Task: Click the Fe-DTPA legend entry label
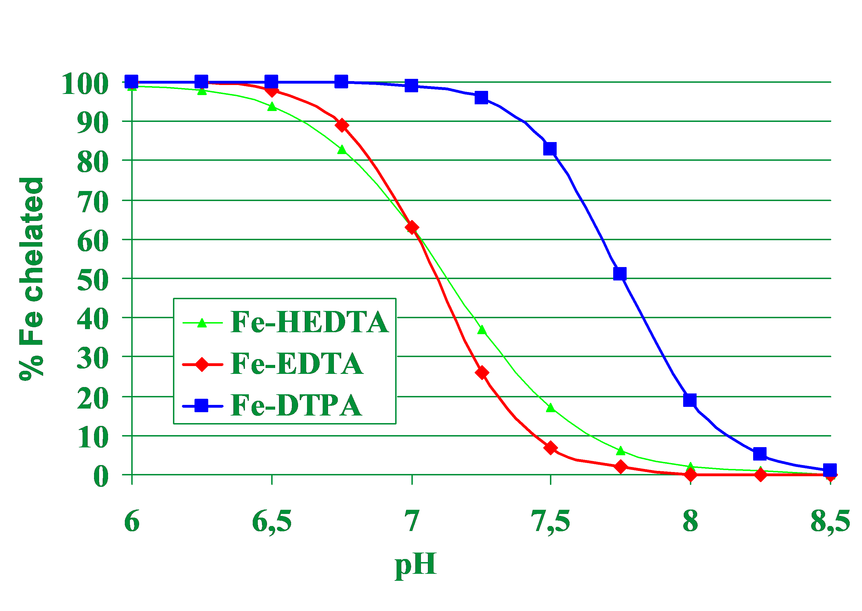[x=296, y=405]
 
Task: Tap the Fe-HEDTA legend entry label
[x=309, y=322]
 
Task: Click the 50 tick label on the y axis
[x=93, y=280]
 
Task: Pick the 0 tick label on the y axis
[x=101, y=476]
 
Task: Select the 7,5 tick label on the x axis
[x=550, y=522]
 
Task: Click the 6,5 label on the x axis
[x=271, y=522]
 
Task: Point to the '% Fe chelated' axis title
[x=31, y=279]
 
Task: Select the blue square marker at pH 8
[x=690, y=400]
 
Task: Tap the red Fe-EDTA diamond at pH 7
[x=412, y=227]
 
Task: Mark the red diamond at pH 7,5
[x=550, y=448]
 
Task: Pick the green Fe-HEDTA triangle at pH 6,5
[x=272, y=107]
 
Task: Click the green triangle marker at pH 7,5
[x=551, y=408]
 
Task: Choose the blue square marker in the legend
[x=202, y=405]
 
